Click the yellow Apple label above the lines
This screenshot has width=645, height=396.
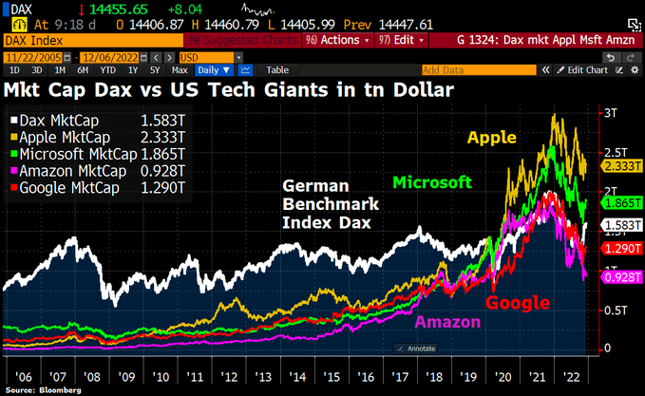(491, 138)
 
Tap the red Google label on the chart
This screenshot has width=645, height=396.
(518, 303)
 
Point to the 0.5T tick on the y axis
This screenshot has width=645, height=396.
(616, 310)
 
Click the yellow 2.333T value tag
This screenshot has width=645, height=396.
(620, 165)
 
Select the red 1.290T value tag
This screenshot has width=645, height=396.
(620, 248)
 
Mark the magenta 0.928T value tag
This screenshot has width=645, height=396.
(620, 275)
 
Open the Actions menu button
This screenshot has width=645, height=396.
(337, 40)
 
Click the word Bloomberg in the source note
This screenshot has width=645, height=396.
(61, 389)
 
